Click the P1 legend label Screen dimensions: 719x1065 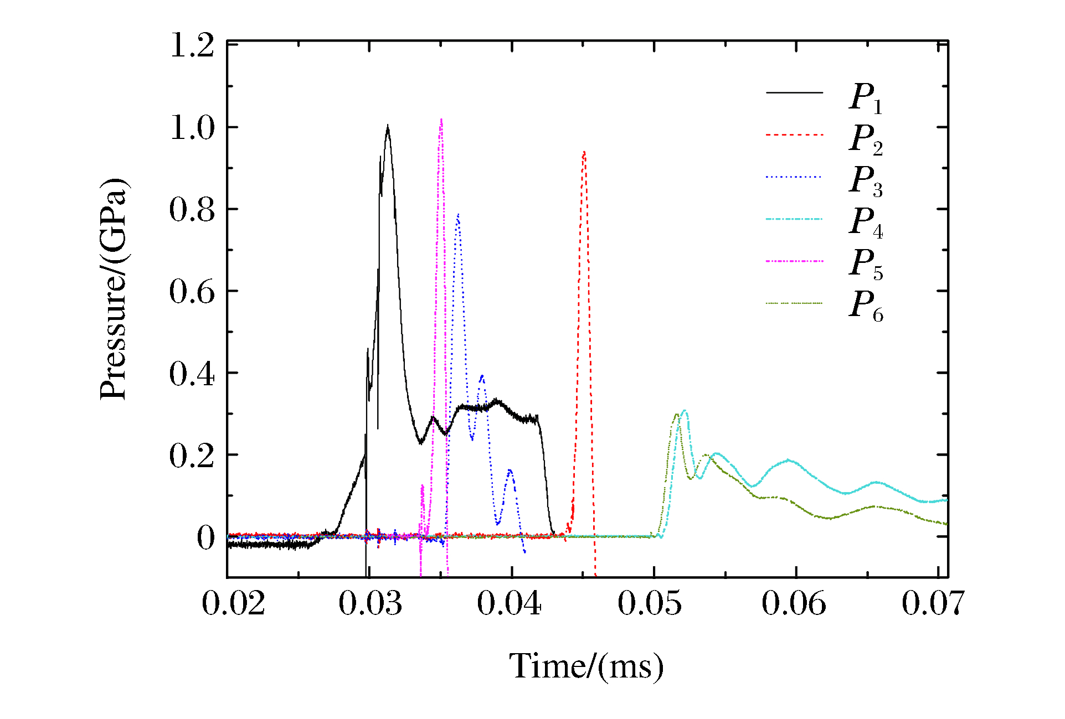tap(865, 97)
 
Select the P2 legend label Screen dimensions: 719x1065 tap(865, 139)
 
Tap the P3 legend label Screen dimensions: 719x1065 tap(865, 181)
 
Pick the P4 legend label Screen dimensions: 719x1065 tap(865, 223)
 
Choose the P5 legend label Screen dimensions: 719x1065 tap(865, 264)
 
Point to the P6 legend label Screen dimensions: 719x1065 tap(865, 306)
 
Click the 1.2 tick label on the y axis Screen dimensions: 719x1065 tap(192, 45)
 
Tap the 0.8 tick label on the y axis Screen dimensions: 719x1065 tap(192, 210)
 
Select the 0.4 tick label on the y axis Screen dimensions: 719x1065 tap(192, 374)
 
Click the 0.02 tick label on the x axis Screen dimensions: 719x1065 tap(233, 603)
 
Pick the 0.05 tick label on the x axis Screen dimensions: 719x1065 tap(650, 603)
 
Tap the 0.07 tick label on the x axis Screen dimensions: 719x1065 tap(933, 603)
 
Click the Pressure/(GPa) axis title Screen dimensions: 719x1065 tap(114, 288)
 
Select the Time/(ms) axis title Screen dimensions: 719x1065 tap(586, 666)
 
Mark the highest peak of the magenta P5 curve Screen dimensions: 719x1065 tap(441, 120)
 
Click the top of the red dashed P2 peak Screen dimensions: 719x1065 tap(584, 152)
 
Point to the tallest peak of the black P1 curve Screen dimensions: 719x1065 tap(388, 126)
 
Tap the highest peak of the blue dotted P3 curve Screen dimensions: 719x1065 tap(458, 215)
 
